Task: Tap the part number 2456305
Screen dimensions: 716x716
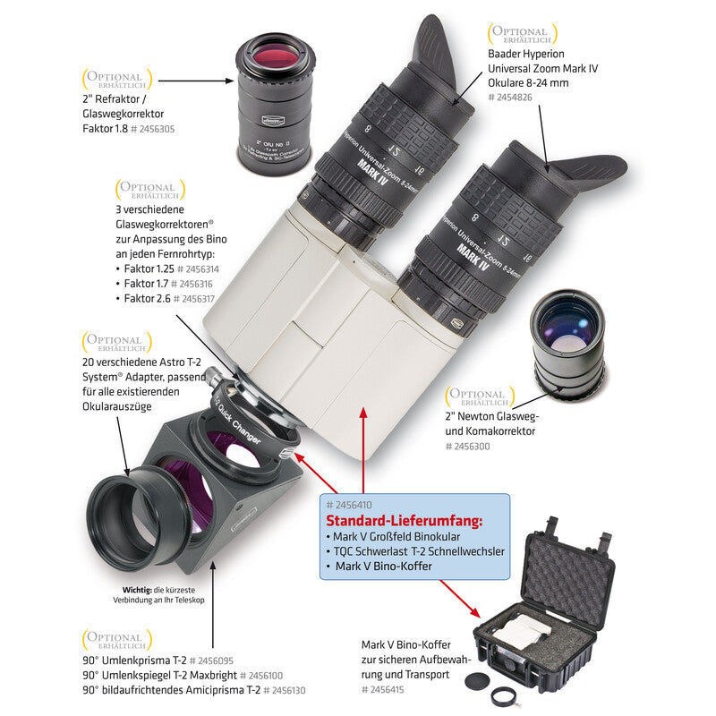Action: (153, 129)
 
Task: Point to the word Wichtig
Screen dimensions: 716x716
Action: (140, 588)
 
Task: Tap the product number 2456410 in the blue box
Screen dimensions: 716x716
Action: (357, 505)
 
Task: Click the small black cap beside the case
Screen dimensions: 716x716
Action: (473, 681)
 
